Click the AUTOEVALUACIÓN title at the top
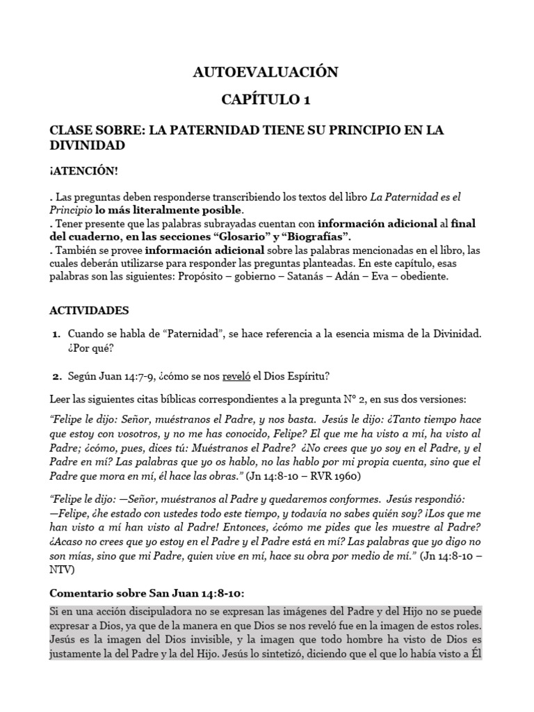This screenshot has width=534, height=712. point(266,72)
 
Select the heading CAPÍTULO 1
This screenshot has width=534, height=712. point(266,100)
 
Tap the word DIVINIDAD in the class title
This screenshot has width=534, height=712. point(87,145)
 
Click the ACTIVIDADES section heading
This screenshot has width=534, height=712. point(89,310)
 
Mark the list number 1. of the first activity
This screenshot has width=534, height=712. point(58,335)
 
